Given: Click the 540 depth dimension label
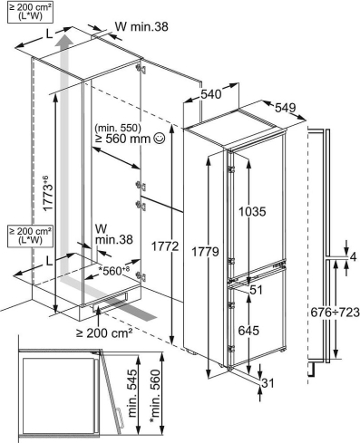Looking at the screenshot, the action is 211,94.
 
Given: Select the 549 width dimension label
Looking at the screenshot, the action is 285,108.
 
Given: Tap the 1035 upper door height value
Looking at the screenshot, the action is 252,211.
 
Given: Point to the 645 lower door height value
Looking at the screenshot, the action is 248,331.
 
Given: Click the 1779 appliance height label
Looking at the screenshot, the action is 206,251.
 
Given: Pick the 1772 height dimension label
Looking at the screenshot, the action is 165,247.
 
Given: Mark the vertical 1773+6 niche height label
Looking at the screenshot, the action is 48,193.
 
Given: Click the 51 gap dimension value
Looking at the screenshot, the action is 256,290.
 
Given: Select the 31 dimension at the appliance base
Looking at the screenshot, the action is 268,383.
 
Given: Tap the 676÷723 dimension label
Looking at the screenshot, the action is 335,313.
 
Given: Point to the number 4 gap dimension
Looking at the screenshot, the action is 353,257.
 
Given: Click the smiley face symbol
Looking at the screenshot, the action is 160,139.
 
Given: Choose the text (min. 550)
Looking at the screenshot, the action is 118,128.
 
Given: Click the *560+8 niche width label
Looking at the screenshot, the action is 113,271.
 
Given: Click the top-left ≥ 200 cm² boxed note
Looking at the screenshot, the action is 30,12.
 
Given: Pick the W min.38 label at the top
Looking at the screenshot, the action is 141,27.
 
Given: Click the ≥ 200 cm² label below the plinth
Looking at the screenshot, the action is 104,332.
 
